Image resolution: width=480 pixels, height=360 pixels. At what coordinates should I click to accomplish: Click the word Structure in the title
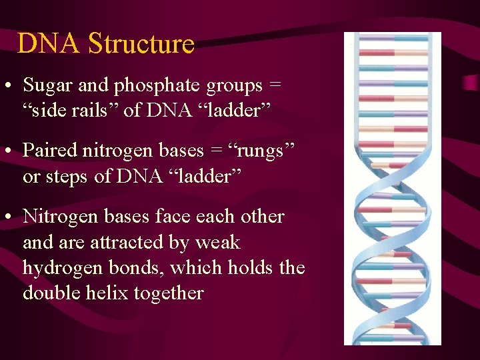pos(141,44)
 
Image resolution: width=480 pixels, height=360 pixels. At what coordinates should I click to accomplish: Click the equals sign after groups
pos(275,86)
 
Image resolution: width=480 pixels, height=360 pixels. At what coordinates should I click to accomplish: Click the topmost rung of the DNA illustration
pos(392,39)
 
